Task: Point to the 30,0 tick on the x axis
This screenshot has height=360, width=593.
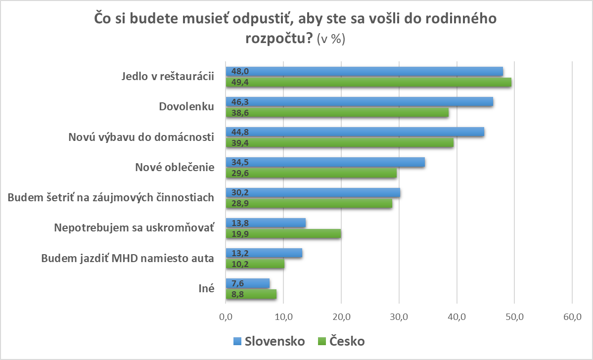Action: pos(399,317)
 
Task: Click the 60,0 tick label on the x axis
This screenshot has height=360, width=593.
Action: pos(572,317)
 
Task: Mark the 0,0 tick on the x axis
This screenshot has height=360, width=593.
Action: pos(226,317)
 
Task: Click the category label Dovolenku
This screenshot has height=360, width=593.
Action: pos(186,107)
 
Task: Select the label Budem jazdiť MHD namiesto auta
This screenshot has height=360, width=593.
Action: pos(128,258)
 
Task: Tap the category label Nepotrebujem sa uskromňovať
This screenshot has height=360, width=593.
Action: pos(134,228)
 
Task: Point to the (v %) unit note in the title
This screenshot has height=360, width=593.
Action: pos(330,40)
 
